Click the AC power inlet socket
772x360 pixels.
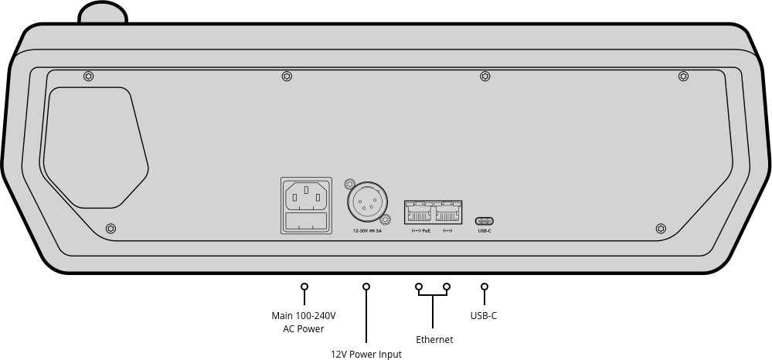click(x=306, y=195)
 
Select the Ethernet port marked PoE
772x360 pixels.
click(x=419, y=212)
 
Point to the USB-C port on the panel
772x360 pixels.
click(x=485, y=219)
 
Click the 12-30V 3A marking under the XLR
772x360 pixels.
click(x=366, y=231)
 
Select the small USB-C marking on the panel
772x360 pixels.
click(x=485, y=231)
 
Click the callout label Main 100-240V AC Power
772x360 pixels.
click(x=304, y=322)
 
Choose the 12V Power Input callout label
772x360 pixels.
click(x=366, y=354)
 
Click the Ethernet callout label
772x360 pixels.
click(x=434, y=339)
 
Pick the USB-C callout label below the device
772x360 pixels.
click(x=484, y=315)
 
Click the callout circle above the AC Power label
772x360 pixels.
click(x=304, y=287)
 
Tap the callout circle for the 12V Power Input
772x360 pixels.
click(x=366, y=287)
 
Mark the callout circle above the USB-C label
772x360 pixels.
click(x=485, y=287)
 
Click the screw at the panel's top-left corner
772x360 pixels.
click(x=88, y=76)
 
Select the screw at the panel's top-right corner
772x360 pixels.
click(x=683, y=76)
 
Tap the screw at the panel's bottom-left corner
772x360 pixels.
click(x=111, y=229)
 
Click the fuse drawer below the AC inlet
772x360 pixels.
click(x=306, y=222)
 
